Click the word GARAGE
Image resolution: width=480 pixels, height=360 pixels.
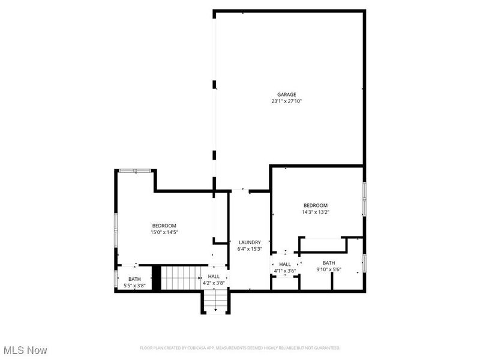[286, 94]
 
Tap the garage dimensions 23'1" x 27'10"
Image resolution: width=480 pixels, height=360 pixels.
[286, 101]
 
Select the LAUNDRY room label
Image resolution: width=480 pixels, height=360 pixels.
[250, 242]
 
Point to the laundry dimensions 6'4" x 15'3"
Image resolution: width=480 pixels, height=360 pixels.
[250, 249]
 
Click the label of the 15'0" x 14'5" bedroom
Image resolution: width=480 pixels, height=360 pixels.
[164, 226]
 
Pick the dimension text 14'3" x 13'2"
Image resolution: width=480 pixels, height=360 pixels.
[316, 211]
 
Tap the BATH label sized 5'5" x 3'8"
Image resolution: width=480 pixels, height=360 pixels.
[134, 278]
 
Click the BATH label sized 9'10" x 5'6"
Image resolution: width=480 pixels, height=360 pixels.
[329, 263]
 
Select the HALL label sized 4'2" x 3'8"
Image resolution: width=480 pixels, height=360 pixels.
[214, 276]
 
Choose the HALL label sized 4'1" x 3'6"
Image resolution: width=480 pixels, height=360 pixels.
[284, 264]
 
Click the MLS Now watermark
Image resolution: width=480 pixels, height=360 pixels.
[25, 349]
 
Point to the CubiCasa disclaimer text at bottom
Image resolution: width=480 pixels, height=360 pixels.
[240, 348]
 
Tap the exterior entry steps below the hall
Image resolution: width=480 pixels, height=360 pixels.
[215, 302]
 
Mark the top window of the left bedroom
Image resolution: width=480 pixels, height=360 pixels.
[136, 171]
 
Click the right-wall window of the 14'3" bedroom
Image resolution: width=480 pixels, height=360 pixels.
[364, 199]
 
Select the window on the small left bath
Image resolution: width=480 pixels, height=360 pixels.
[116, 279]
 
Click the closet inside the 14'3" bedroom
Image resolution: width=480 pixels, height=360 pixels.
[323, 245]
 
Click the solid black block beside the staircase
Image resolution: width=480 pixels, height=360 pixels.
[157, 278]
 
